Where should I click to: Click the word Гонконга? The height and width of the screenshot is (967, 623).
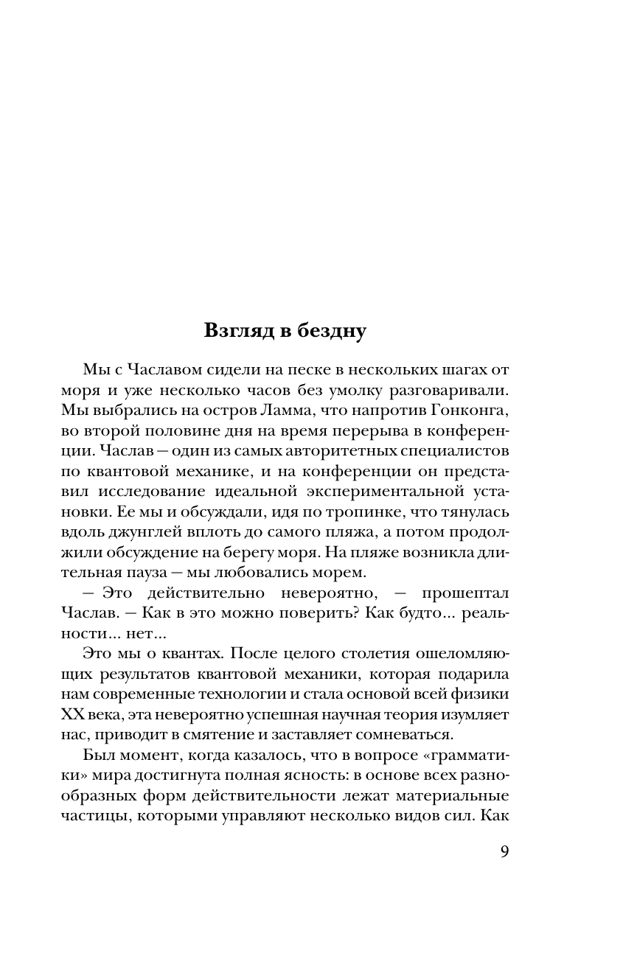473,408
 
